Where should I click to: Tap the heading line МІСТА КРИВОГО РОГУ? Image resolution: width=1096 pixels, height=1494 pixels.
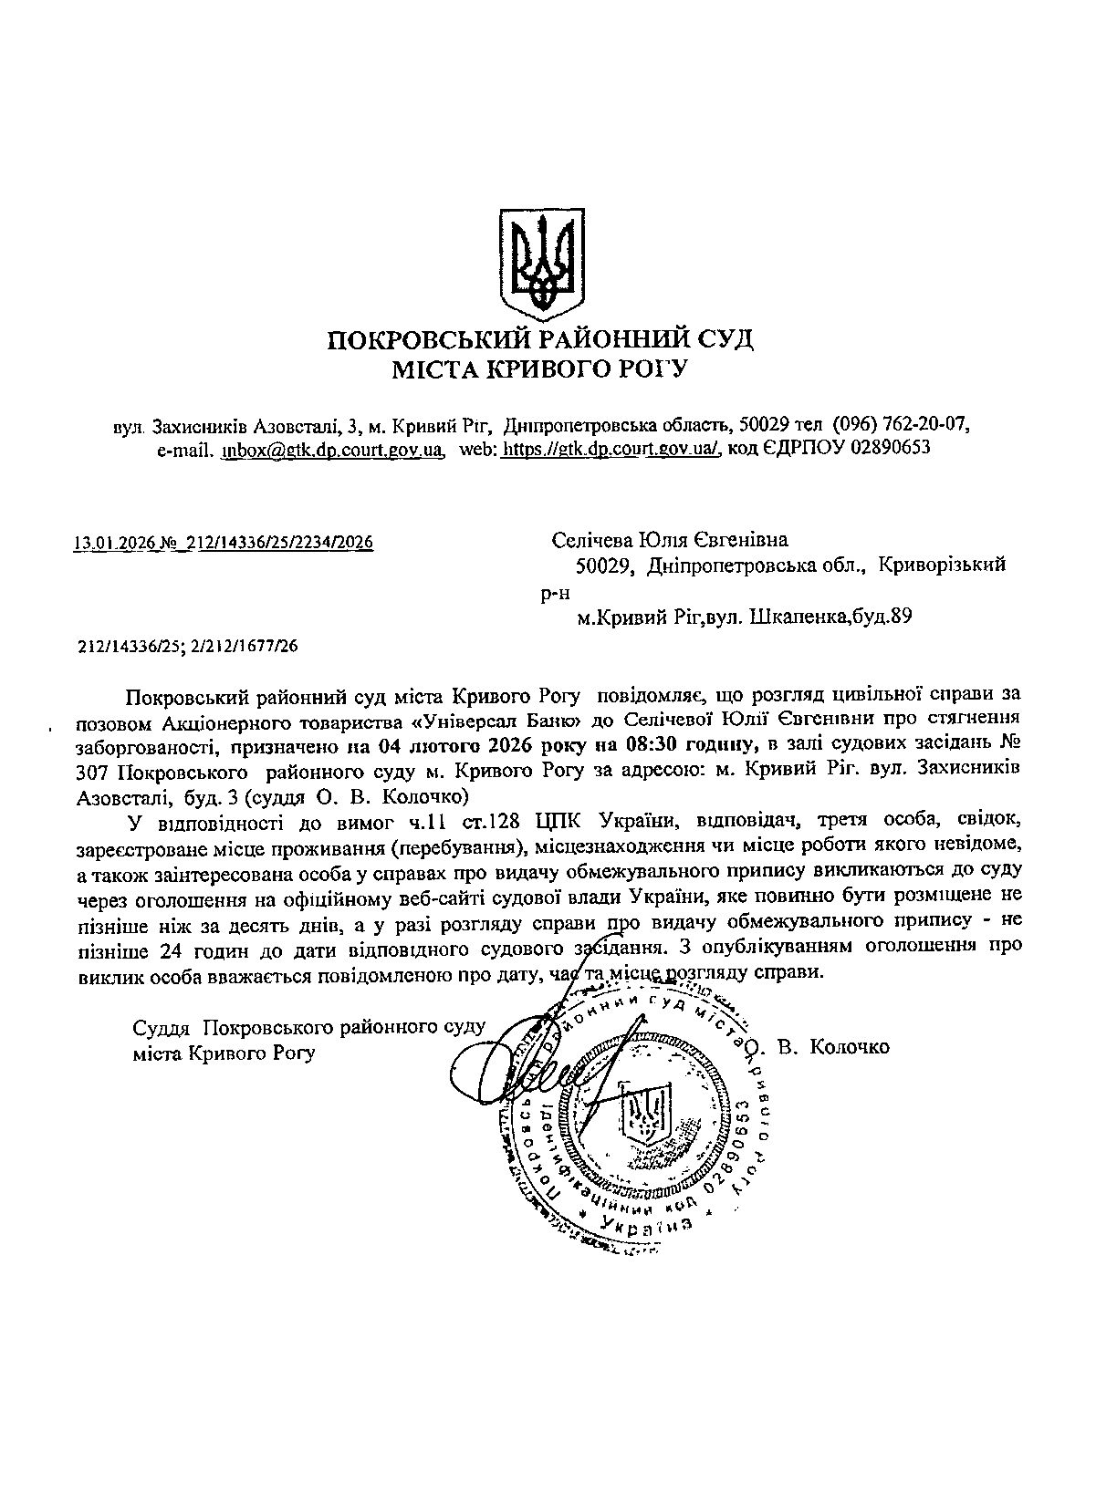(539, 369)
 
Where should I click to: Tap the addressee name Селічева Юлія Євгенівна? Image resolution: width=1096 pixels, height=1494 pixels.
(670, 541)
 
